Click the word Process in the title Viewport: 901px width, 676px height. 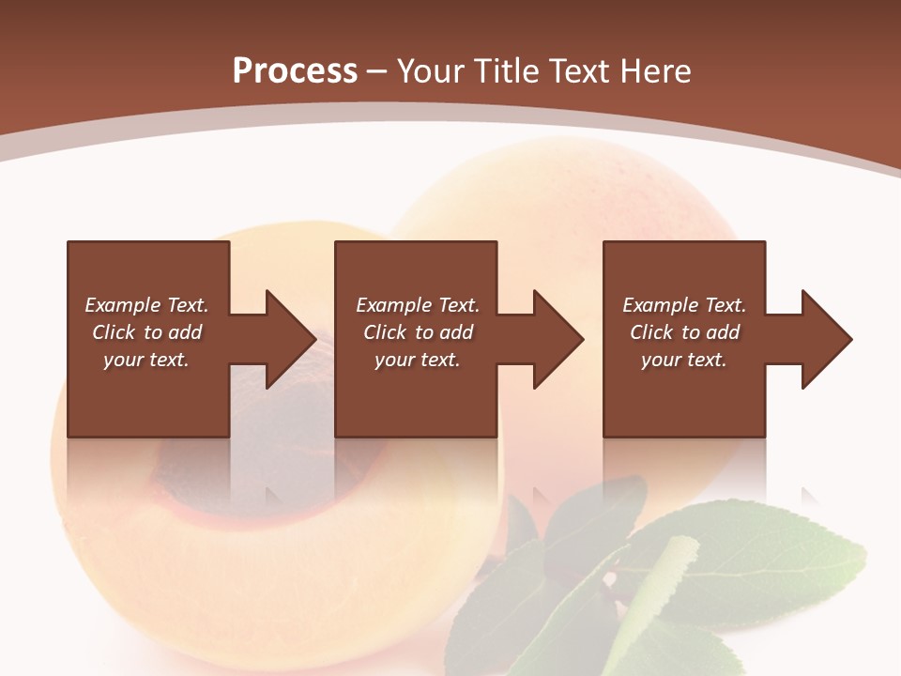point(295,70)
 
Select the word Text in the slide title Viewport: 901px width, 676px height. point(579,70)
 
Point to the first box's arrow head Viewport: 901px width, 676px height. point(291,339)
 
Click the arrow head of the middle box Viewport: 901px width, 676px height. point(558,339)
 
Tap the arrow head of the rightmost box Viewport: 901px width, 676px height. point(826,339)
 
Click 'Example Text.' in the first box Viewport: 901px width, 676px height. point(146,305)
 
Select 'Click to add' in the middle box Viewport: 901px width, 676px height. point(418,332)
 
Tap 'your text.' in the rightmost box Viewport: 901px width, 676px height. point(683,360)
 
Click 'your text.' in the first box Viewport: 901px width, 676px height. point(146,360)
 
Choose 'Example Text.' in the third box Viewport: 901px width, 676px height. point(683,305)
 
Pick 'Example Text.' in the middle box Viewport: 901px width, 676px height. point(418,305)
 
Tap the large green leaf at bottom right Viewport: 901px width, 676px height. point(751,563)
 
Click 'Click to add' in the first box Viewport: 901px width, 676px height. point(146,332)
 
